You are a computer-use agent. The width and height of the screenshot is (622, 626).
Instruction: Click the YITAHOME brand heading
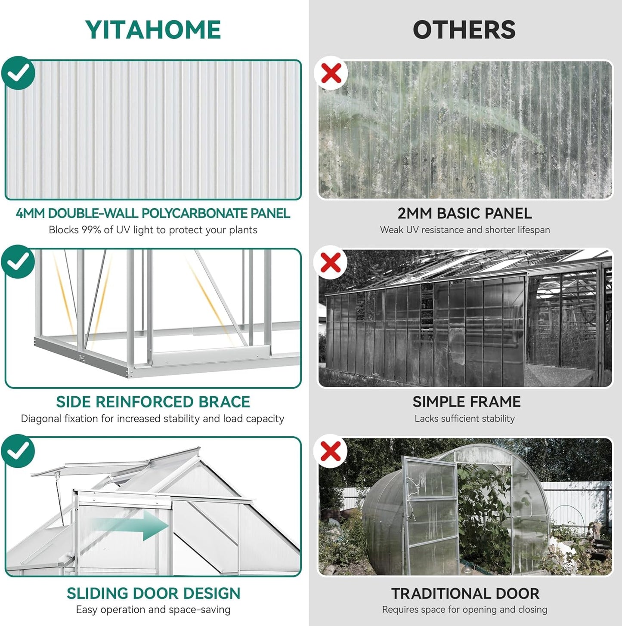[153, 30]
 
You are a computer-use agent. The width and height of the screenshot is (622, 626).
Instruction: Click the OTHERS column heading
[464, 30]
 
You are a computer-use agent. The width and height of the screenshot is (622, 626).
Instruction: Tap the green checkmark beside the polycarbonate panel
[18, 73]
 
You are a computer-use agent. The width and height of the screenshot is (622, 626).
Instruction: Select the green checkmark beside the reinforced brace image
[18, 262]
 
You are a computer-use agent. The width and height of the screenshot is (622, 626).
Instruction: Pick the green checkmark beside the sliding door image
[18, 451]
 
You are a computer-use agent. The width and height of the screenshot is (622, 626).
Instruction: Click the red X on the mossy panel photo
[331, 73]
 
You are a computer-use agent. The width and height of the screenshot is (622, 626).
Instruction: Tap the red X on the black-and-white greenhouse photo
[331, 262]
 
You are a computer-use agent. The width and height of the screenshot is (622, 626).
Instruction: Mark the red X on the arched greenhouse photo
[331, 451]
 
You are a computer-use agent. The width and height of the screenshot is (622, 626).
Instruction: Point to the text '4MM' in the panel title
[31, 213]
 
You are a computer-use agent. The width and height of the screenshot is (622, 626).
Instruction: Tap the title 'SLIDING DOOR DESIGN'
[153, 593]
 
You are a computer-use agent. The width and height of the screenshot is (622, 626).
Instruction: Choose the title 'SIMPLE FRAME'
[466, 402]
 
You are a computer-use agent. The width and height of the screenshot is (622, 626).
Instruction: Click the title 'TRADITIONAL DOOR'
[465, 594]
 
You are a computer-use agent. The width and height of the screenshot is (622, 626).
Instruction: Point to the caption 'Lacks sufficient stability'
[464, 419]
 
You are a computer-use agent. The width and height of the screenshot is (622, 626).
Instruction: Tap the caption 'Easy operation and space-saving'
[153, 610]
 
